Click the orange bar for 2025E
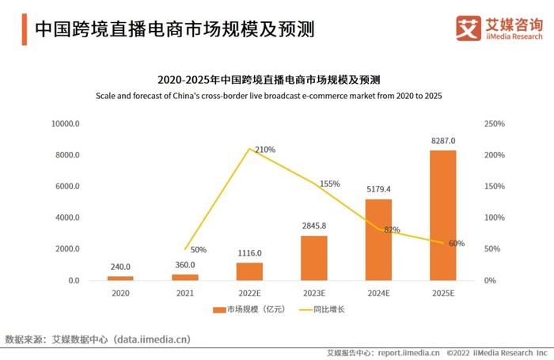[x=442, y=215]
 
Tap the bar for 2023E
[x=314, y=258]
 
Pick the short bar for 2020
[x=120, y=278]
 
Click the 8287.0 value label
[x=442, y=141]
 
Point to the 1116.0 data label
[x=249, y=253]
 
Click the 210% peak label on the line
[x=265, y=150]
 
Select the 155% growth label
[x=330, y=184]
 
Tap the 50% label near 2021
[x=198, y=250]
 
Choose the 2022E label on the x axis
[x=249, y=293]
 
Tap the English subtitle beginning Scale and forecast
[x=268, y=96]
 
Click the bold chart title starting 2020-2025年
[x=268, y=80]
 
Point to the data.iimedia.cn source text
[x=151, y=339]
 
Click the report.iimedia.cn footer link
[x=405, y=353]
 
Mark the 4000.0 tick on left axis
[x=66, y=218]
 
